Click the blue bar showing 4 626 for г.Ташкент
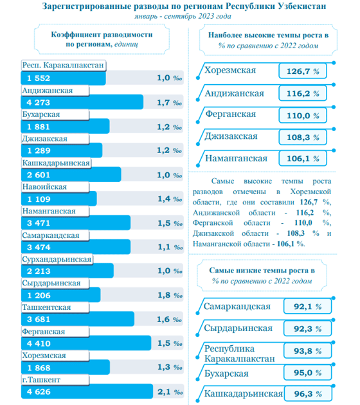click(x=87, y=392)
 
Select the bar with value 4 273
click(x=82, y=102)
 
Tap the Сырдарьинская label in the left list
click(x=51, y=283)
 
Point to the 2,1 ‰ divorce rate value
click(x=170, y=392)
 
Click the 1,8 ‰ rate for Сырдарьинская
click(x=170, y=295)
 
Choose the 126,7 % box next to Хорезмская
click(x=303, y=71)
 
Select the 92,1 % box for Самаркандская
click(x=307, y=307)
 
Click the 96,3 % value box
click(x=308, y=393)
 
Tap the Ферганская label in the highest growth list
click(x=231, y=114)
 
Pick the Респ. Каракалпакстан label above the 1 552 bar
click(x=63, y=65)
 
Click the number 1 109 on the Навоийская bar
click(x=39, y=199)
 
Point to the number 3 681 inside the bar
click(x=39, y=319)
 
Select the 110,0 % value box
click(x=303, y=116)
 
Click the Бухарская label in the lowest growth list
click(x=226, y=373)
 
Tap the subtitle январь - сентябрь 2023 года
click(x=183, y=16)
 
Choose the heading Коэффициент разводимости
click(x=102, y=34)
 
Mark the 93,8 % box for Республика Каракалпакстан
click(x=307, y=351)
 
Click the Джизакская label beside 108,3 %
click(x=231, y=136)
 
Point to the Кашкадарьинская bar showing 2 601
click(x=71, y=175)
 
